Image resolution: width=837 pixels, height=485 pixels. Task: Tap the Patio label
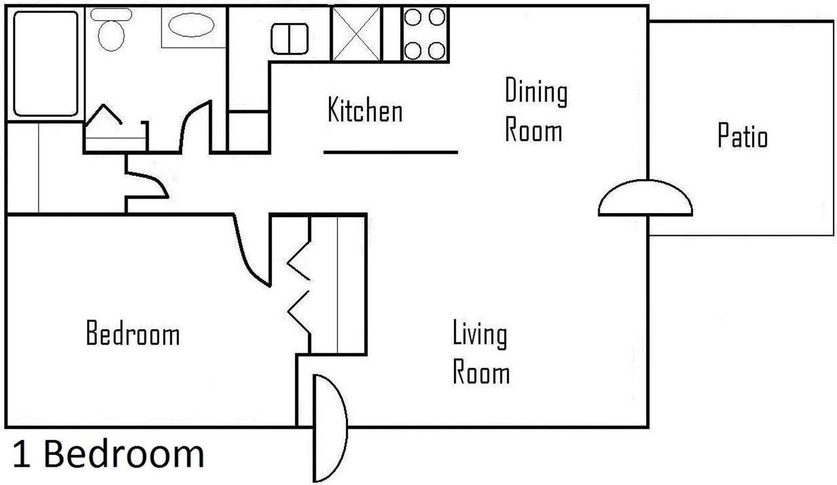coord(742,135)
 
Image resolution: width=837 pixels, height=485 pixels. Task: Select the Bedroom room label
coord(133,333)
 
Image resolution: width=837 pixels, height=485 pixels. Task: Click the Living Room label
coord(481,352)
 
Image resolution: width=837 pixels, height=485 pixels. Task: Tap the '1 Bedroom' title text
coord(109,454)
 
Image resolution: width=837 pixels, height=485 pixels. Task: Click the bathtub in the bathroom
coord(46,63)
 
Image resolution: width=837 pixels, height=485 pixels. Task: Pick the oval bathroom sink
coord(191,25)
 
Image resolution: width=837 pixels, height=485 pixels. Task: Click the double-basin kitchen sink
coord(290,39)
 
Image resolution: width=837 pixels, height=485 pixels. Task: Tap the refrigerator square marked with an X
coord(356,33)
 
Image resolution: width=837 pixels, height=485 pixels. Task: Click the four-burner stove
coord(425,33)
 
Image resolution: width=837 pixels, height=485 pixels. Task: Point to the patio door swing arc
coord(645,181)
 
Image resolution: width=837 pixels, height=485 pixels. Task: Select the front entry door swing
coord(346,428)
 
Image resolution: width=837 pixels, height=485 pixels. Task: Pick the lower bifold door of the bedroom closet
coord(299,312)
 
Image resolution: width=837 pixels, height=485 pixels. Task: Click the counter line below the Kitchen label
coord(391,152)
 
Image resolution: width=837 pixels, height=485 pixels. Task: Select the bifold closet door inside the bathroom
coord(103,114)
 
